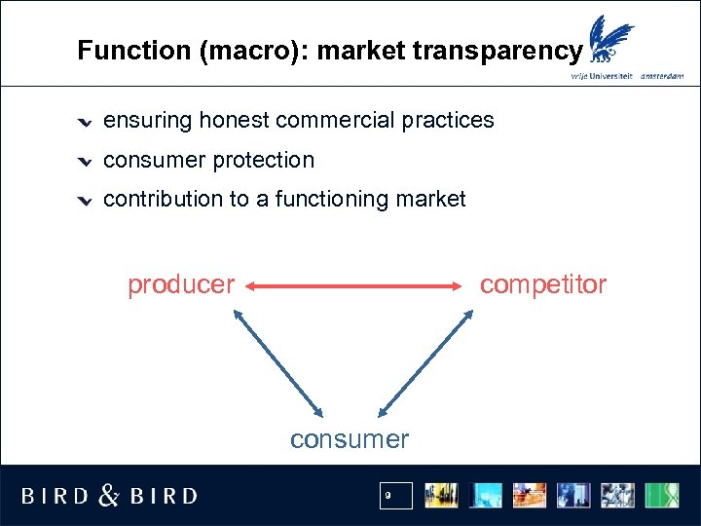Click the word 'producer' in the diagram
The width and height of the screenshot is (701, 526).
coord(181,284)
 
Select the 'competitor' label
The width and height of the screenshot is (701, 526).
coord(542,284)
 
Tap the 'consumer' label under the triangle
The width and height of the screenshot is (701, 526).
coord(350,439)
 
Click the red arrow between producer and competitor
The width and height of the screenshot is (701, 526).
coord(355,286)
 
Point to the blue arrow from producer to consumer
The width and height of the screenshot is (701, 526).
coord(277,361)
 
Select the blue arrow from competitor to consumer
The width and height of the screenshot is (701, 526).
coord(425,361)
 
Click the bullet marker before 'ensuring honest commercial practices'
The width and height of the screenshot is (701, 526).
coord(86,122)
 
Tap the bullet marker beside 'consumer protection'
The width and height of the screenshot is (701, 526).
coord(86,161)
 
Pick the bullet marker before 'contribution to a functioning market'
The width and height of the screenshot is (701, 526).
coord(86,201)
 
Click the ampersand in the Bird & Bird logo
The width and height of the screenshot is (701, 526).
coord(109,496)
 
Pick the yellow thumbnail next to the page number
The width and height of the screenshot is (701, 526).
coord(442,496)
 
